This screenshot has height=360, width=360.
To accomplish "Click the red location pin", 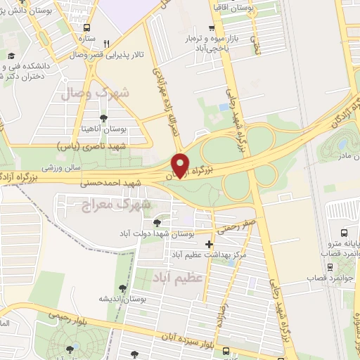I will [x=181, y=165].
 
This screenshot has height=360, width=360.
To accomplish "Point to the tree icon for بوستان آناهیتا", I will [x=104, y=118].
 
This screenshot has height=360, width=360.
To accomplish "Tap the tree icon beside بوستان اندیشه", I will [x=123, y=288].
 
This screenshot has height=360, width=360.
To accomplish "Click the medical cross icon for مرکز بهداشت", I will [x=209, y=244].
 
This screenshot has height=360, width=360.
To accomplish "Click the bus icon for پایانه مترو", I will [x=344, y=233].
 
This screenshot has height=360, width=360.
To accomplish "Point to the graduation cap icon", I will [x=11, y=56].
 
